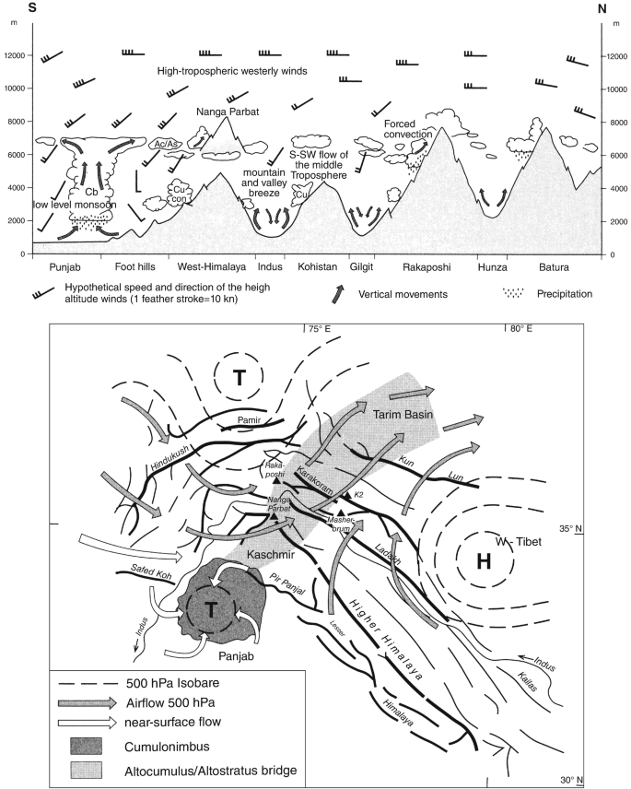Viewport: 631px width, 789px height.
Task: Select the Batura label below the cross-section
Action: [553, 267]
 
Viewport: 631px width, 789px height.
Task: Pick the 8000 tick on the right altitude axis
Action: [615, 122]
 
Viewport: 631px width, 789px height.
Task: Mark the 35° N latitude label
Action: [569, 528]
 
